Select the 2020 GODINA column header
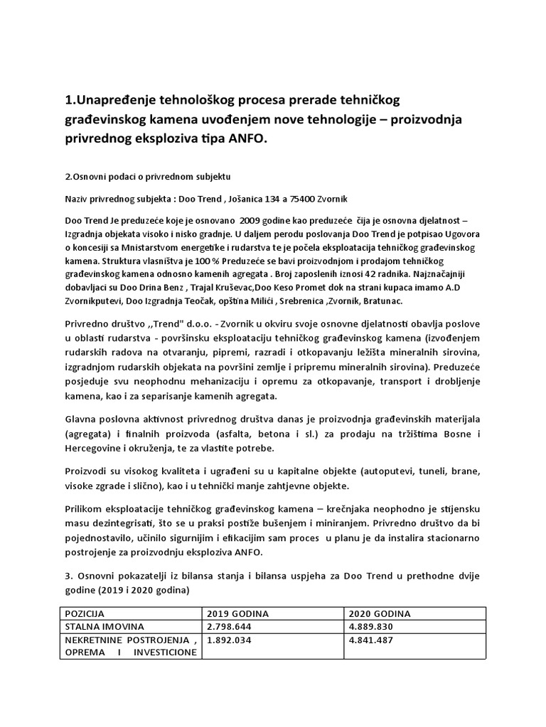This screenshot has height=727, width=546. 380,613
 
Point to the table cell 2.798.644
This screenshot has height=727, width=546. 232,626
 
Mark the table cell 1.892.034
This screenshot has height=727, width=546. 232,640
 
